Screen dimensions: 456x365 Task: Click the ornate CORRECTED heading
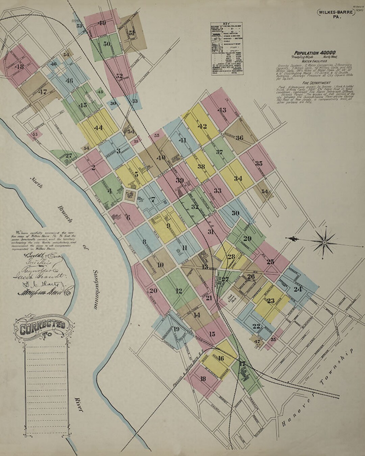(x=42, y=327)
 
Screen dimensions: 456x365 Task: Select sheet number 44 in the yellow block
(x=98, y=128)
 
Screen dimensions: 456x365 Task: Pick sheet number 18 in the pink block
(x=203, y=379)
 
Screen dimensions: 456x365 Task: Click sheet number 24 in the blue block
(x=297, y=289)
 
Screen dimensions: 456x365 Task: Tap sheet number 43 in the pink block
(x=222, y=110)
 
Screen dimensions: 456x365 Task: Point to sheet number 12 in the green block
(x=179, y=290)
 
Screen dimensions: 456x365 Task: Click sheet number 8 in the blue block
(x=144, y=242)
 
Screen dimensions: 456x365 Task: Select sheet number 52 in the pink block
(x=119, y=76)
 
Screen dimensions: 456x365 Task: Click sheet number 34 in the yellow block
(x=238, y=178)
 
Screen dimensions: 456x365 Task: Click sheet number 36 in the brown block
(x=239, y=138)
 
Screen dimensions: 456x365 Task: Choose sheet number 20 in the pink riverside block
(x=153, y=290)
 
